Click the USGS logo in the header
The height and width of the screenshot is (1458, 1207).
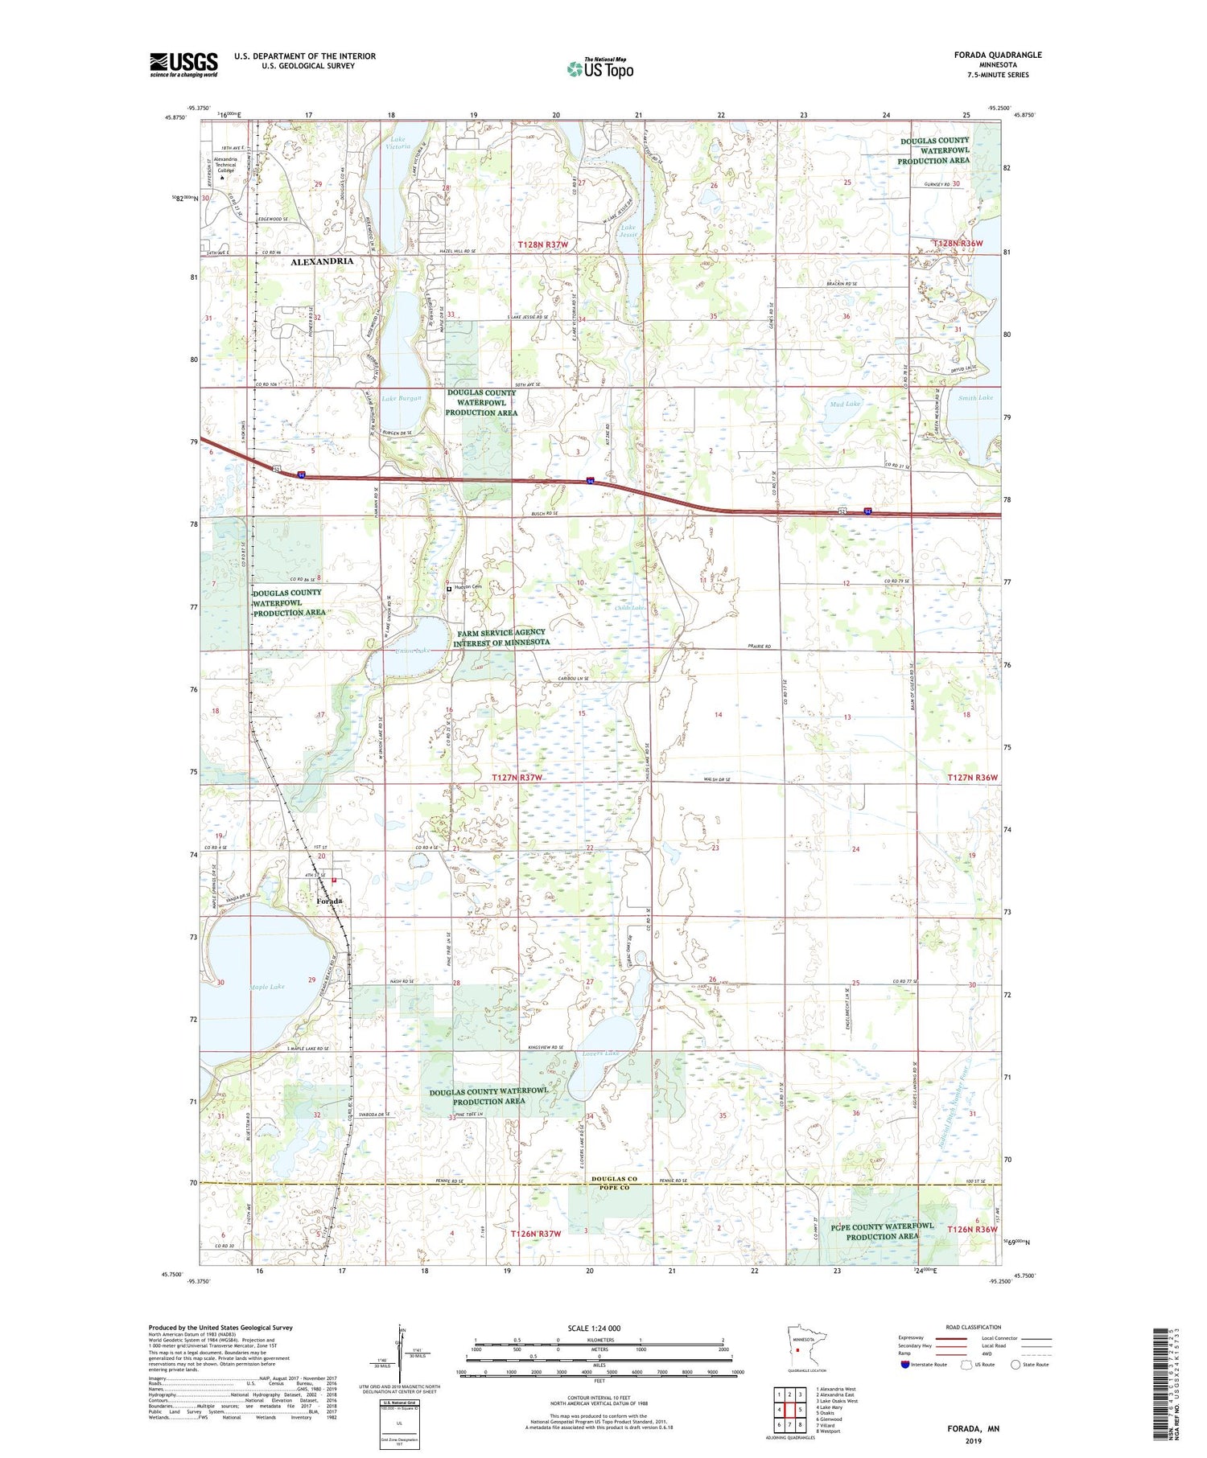tap(183, 64)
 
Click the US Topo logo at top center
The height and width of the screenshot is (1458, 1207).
tap(599, 69)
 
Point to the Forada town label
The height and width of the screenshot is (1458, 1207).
tap(329, 901)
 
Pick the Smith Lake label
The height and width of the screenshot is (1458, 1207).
tap(975, 397)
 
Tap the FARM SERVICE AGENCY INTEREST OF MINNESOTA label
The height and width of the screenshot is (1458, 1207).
tap(501, 637)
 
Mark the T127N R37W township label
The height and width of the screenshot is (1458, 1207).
tap(517, 778)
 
